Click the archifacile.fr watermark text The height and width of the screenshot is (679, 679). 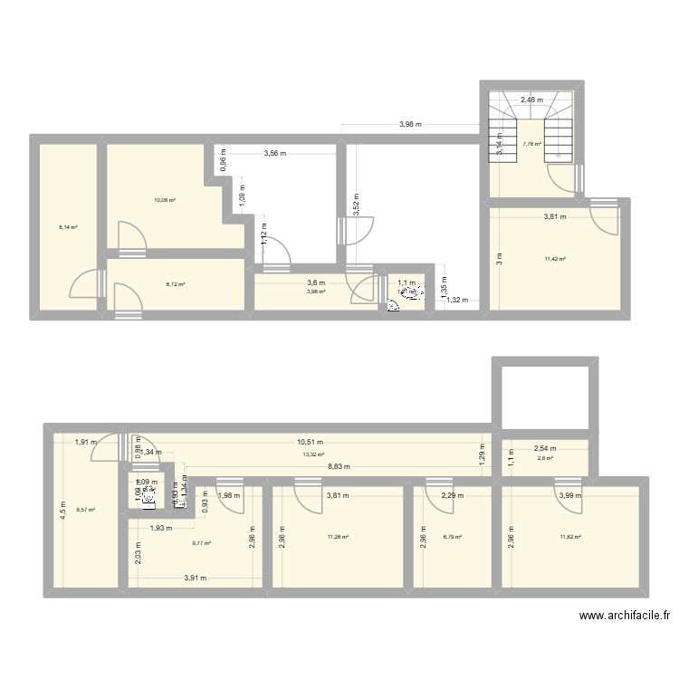click(x=625, y=616)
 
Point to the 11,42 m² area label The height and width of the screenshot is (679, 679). click(x=555, y=259)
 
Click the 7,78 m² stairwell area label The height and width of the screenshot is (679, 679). click(x=531, y=144)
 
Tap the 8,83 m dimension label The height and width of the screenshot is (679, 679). click(x=339, y=467)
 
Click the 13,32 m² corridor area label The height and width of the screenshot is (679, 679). click(x=313, y=454)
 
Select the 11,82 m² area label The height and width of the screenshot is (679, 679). click(x=570, y=537)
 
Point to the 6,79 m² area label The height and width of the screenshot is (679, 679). click(x=452, y=537)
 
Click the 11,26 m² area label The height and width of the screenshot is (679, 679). click(x=338, y=537)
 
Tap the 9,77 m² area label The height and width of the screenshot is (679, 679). click(x=201, y=543)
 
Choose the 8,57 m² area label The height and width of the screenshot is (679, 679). click(x=85, y=510)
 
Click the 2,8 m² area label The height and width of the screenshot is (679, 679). click(x=545, y=459)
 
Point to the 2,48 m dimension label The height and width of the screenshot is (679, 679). click(x=531, y=100)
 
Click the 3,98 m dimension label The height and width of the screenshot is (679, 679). click(x=411, y=125)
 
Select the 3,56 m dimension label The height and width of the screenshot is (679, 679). click(x=274, y=153)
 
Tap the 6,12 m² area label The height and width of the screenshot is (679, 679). click(x=175, y=284)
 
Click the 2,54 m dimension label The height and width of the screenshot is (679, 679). click(x=545, y=448)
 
